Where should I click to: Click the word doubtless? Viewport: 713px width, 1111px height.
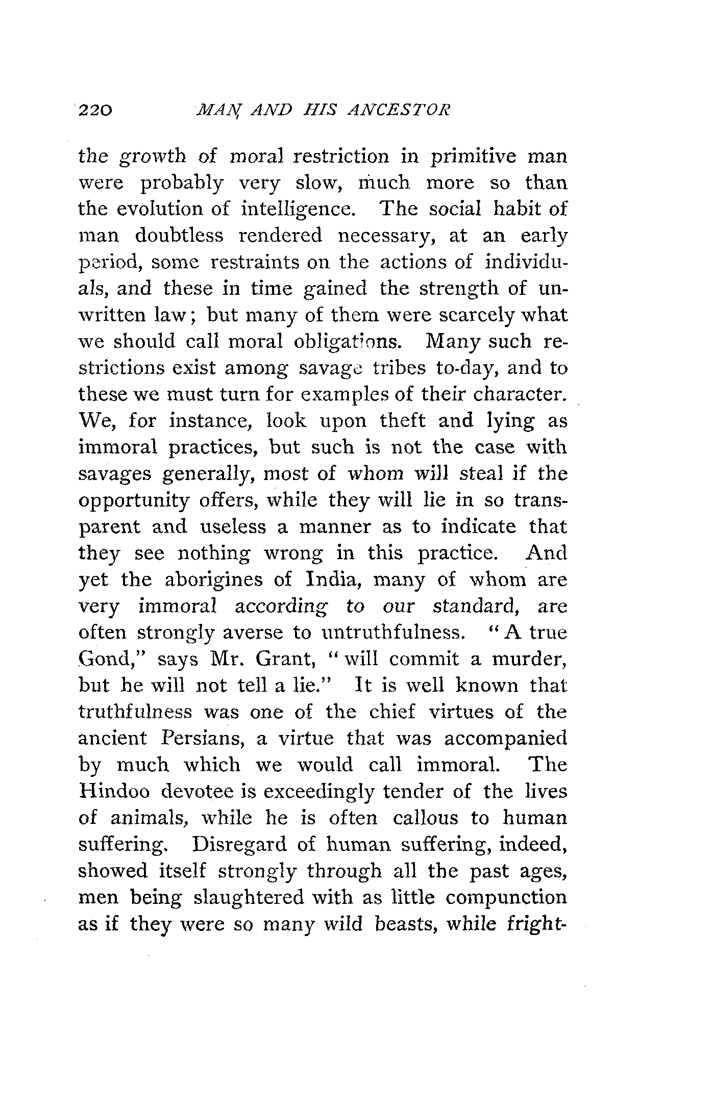(x=180, y=236)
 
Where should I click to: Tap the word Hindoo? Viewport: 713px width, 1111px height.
(x=114, y=791)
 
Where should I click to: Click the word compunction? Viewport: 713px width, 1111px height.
(x=506, y=897)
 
